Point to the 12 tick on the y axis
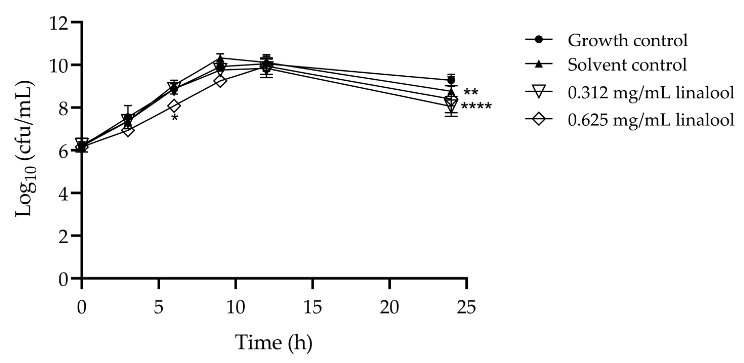[x=59, y=24]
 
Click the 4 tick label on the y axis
[x=63, y=195]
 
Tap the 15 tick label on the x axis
[x=312, y=308]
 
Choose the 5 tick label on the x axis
[x=159, y=308]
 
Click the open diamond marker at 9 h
[x=220, y=82]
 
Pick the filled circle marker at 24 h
[x=451, y=80]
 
